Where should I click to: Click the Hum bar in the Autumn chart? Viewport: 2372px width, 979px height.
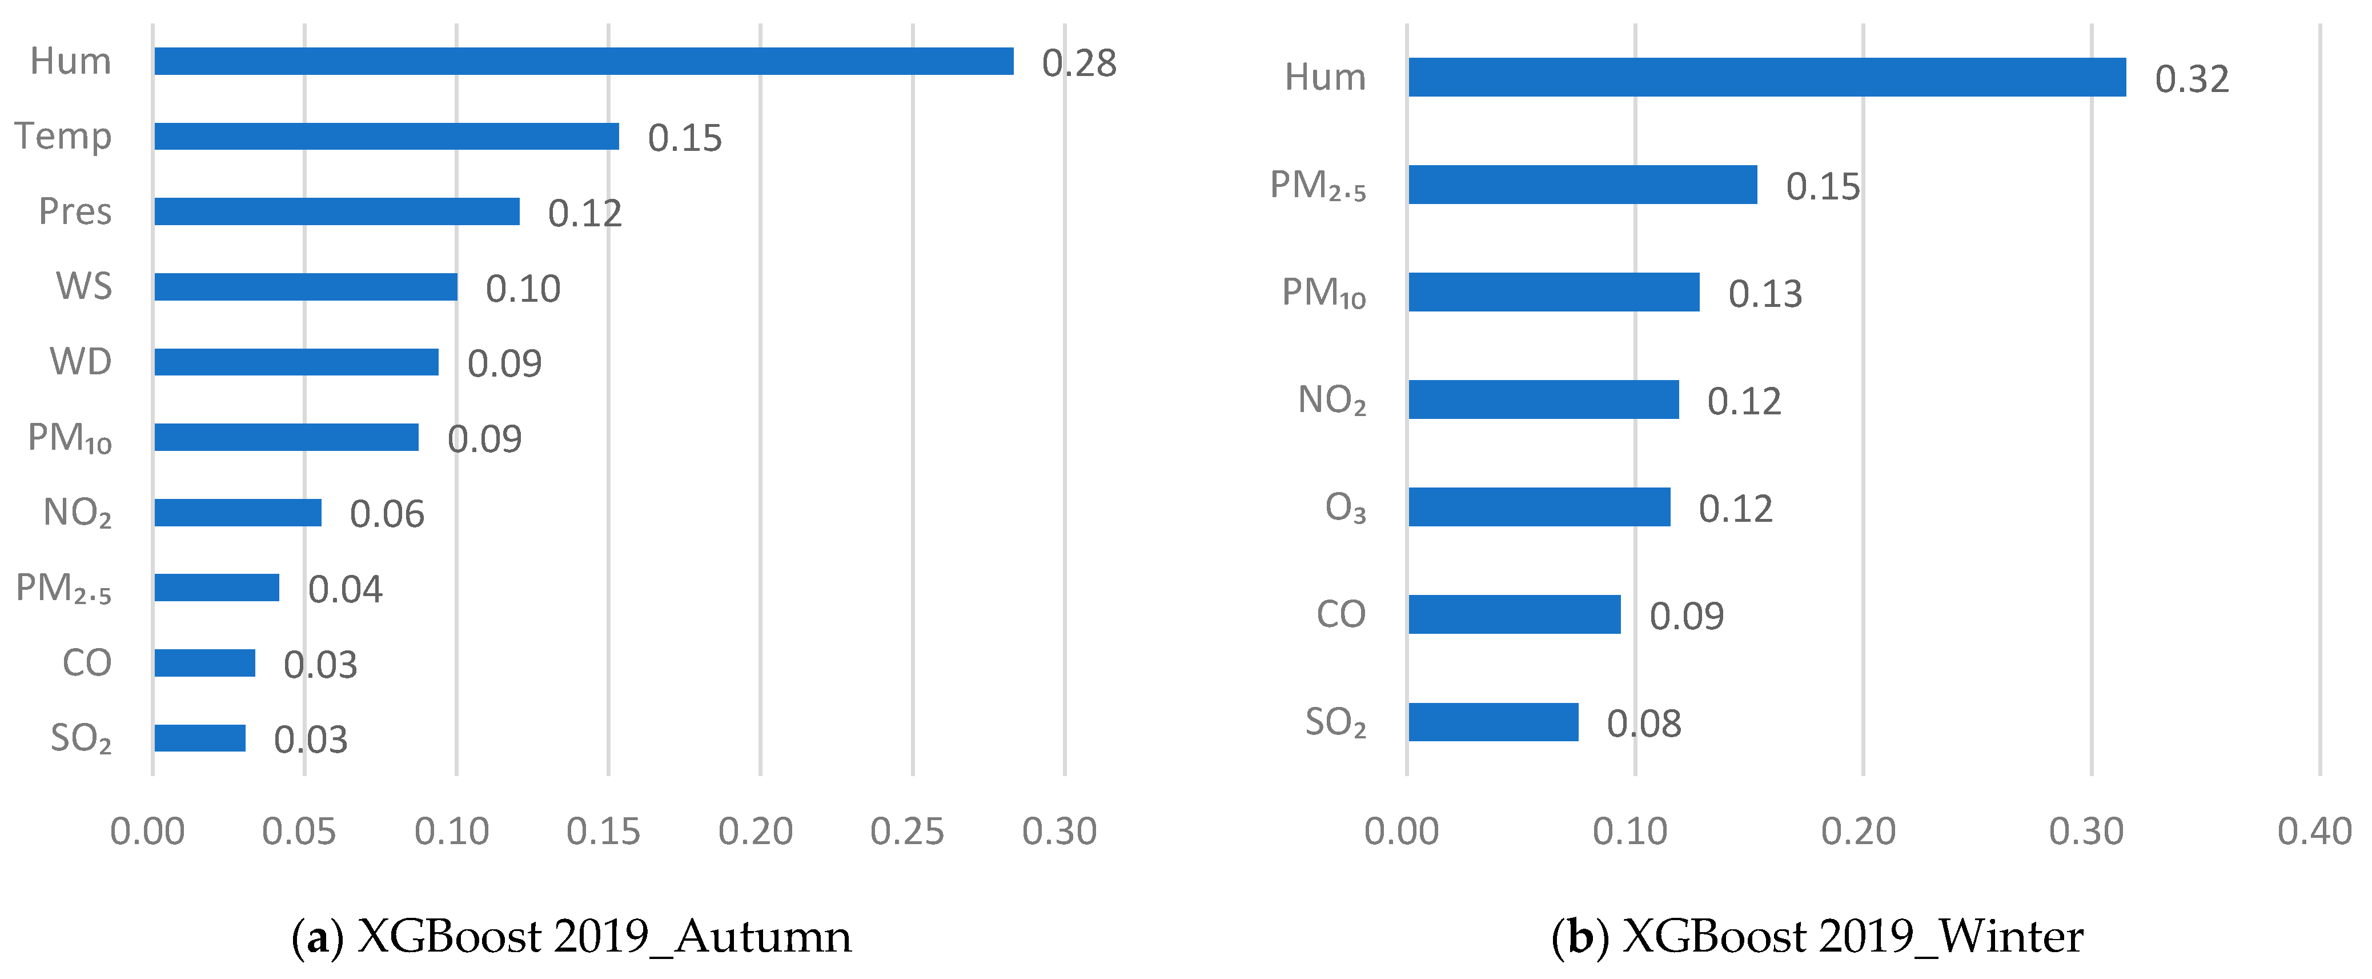coord(583,62)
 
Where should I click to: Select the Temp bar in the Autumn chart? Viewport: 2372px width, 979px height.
coord(387,136)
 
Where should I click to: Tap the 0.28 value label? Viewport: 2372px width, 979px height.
coord(1079,63)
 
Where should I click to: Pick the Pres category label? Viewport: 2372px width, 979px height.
coord(75,212)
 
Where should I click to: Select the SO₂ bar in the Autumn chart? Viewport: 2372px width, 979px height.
coord(200,738)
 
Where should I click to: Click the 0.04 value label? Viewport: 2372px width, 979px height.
coord(346,589)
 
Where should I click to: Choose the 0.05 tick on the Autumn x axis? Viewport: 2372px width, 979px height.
coord(299,832)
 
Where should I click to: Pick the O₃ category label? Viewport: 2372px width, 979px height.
coord(1344,508)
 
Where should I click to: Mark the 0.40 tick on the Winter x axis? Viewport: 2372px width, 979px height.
coord(2314,832)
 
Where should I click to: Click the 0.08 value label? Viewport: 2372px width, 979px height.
coord(1644,724)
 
